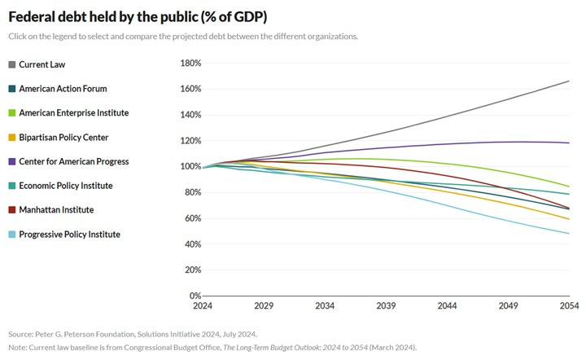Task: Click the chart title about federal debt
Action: point(148,17)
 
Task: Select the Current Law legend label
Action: point(42,64)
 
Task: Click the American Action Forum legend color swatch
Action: point(12,89)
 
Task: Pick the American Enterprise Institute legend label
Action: point(73,112)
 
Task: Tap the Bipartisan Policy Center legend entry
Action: point(63,137)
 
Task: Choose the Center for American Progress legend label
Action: point(73,161)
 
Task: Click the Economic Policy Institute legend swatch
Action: point(12,186)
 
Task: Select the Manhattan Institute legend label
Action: point(56,210)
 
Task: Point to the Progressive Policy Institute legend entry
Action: point(69,235)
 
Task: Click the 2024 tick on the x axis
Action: point(203,305)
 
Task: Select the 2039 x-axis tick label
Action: point(386,305)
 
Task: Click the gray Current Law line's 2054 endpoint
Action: point(569,81)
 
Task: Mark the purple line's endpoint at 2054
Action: point(569,143)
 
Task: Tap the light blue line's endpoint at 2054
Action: point(569,234)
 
